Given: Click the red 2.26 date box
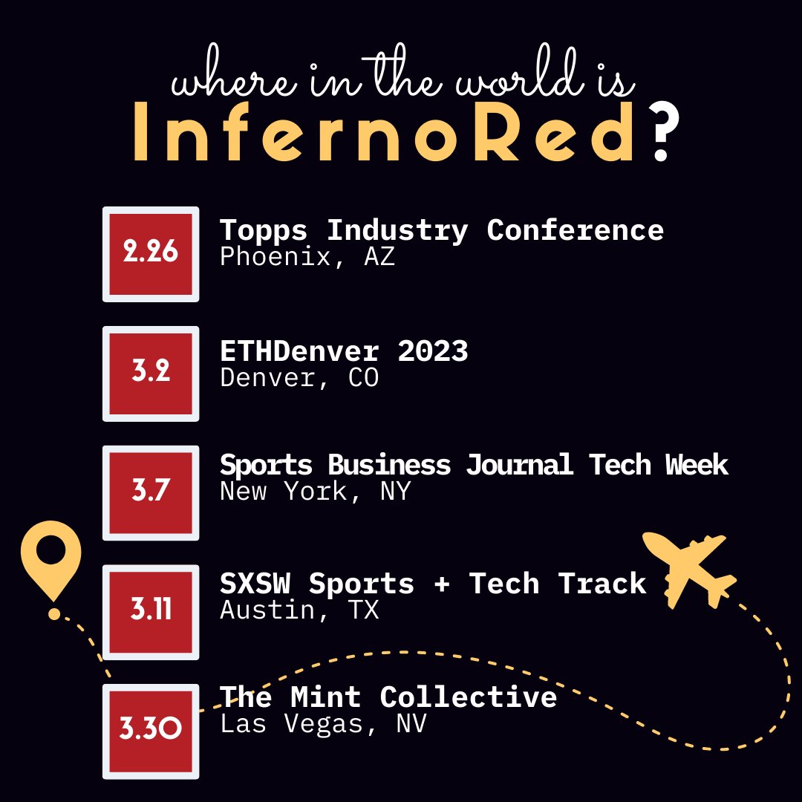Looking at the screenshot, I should coord(151,254).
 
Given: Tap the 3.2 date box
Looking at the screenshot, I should coord(151,373).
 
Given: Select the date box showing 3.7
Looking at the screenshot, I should coord(151,492).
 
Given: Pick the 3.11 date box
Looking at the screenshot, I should coord(151,611).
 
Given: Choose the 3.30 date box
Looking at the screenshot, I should coord(151,731).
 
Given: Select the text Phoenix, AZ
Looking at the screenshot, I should coord(307,257).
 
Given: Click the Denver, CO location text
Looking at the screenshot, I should coord(299,377).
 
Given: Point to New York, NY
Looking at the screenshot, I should coord(315,491).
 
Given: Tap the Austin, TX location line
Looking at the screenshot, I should coord(299,610).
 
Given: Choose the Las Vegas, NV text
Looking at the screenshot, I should coord(323,724).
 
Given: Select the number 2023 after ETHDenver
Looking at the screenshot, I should coord(432,351).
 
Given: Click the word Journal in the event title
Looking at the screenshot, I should coord(519,465).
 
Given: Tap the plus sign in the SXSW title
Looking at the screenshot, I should coord(441,584).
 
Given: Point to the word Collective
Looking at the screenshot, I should coord(468,697).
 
